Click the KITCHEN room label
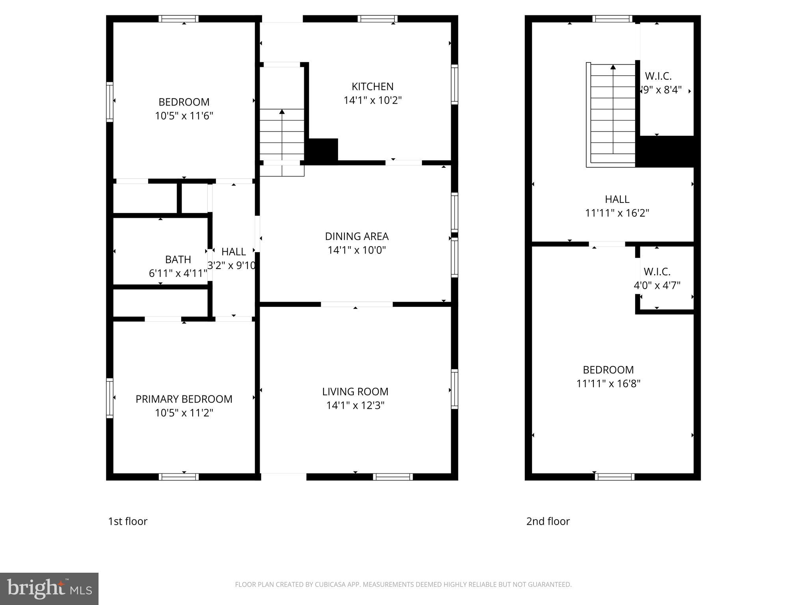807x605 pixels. (372, 86)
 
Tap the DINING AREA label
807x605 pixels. (357, 236)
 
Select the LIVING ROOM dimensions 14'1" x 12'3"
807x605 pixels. (355, 405)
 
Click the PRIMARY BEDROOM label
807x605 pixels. (184, 399)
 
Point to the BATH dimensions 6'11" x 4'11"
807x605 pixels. (178, 273)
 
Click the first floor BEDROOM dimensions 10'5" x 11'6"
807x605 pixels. (184, 116)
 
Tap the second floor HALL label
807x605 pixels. (617, 199)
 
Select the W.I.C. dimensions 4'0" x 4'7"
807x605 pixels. (657, 286)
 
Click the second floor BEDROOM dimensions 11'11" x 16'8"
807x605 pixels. (608, 384)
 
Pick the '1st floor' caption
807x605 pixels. (128, 521)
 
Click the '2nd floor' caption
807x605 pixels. (548, 521)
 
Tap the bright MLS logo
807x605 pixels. (49, 589)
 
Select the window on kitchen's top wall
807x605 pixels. (377, 19)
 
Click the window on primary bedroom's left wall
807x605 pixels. (110, 398)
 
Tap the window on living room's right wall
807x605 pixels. (454, 389)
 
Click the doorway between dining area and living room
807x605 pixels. (357, 304)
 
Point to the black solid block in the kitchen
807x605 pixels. (323, 150)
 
